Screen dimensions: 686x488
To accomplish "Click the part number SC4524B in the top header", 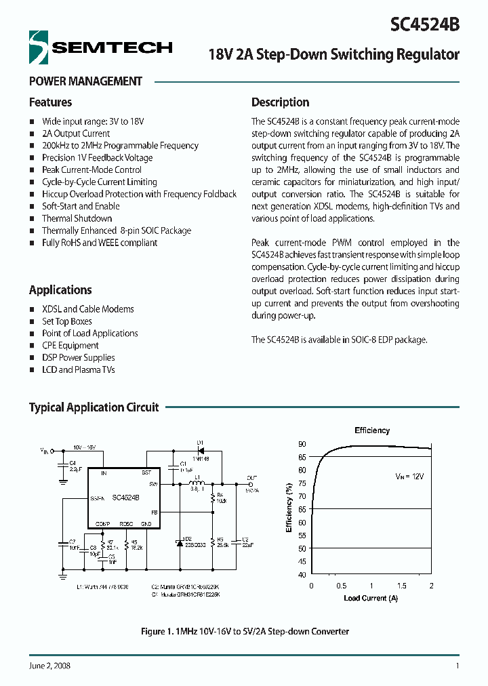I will click(x=425, y=24).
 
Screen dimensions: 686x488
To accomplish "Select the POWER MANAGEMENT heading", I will click(x=85, y=81).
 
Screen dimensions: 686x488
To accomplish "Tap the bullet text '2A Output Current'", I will click(x=75, y=134).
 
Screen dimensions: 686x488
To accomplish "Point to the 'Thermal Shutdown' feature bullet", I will click(x=77, y=218).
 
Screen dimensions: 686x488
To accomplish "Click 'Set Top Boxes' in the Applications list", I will click(x=66, y=321).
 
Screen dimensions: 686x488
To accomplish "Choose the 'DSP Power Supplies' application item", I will click(x=78, y=357).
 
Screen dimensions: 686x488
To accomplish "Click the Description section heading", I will click(x=280, y=102).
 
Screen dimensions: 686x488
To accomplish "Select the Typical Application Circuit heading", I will click(x=94, y=407).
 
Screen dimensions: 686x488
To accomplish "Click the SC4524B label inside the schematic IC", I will click(x=125, y=497).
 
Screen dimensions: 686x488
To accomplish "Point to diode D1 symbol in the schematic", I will click(x=201, y=450).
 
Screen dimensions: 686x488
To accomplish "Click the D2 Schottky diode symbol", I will click(x=180, y=543).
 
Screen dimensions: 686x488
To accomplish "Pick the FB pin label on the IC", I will click(x=154, y=512).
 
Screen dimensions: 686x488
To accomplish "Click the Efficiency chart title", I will click(x=372, y=430).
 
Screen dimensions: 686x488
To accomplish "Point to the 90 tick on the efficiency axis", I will click(x=302, y=443).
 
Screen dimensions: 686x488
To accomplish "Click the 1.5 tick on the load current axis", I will click(x=401, y=586).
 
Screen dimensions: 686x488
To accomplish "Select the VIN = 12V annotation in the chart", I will click(x=409, y=477).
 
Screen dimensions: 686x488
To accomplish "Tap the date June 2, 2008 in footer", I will click(x=49, y=666).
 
